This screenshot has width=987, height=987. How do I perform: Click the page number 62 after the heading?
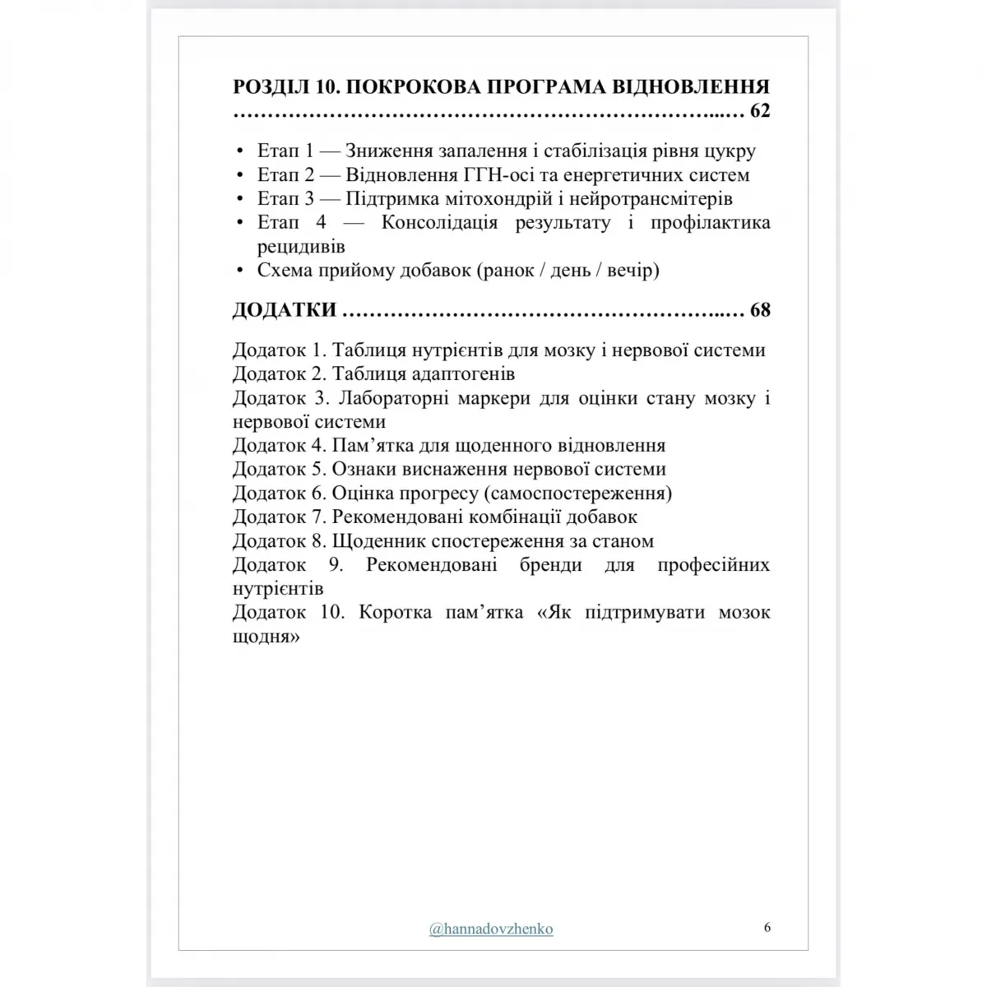[x=760, y=110]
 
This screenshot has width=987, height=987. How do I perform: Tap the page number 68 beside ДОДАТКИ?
[x=760, y=310]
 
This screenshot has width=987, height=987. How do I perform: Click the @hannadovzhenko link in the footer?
[x=491, y=929]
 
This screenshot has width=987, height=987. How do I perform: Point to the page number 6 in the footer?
[x=767, y=927]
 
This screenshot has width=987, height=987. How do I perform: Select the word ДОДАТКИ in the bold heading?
[x=285, y=310]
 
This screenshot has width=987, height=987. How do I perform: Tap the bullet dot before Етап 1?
[x=239, y=152]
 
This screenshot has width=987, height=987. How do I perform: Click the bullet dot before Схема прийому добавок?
[x=239, y=271]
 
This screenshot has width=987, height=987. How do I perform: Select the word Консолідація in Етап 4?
[x=439, y=223]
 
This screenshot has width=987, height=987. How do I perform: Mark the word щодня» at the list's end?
[x=266, y=637]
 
